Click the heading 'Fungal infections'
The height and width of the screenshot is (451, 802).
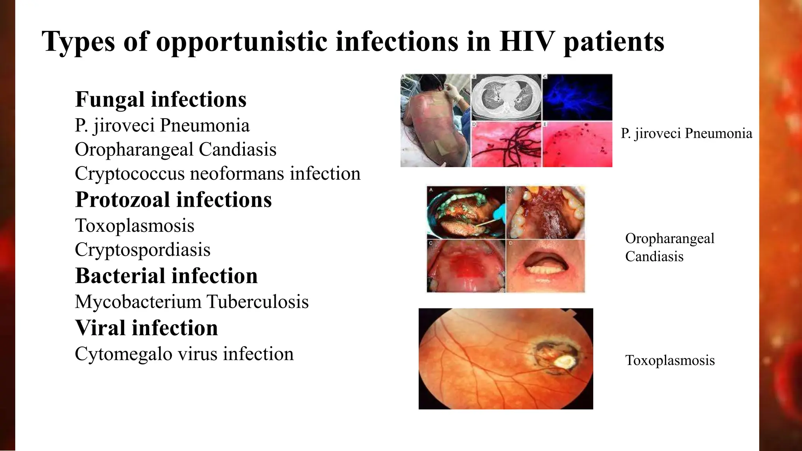[161, 99]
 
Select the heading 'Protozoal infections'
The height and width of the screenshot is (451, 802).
[173, 200]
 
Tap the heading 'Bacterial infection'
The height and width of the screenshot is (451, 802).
[166, 276]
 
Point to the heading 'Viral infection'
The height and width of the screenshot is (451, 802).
[146, 328]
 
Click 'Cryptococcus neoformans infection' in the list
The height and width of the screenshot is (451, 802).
[217, 173]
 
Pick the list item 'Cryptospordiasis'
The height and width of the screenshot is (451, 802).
[143, 250]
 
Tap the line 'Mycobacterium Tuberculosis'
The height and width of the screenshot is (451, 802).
[191, 302]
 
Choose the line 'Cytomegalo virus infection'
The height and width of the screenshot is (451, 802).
[184, 354]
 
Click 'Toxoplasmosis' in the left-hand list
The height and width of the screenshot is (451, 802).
[134, 225]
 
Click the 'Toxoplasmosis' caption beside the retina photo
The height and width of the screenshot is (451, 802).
[670, 360]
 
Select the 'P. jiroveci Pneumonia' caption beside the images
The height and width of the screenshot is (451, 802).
[686, 133]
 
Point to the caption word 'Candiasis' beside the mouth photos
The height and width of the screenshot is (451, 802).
[654, 256]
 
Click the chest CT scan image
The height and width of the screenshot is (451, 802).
[506, 97]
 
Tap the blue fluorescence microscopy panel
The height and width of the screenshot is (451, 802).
[577, 97]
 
